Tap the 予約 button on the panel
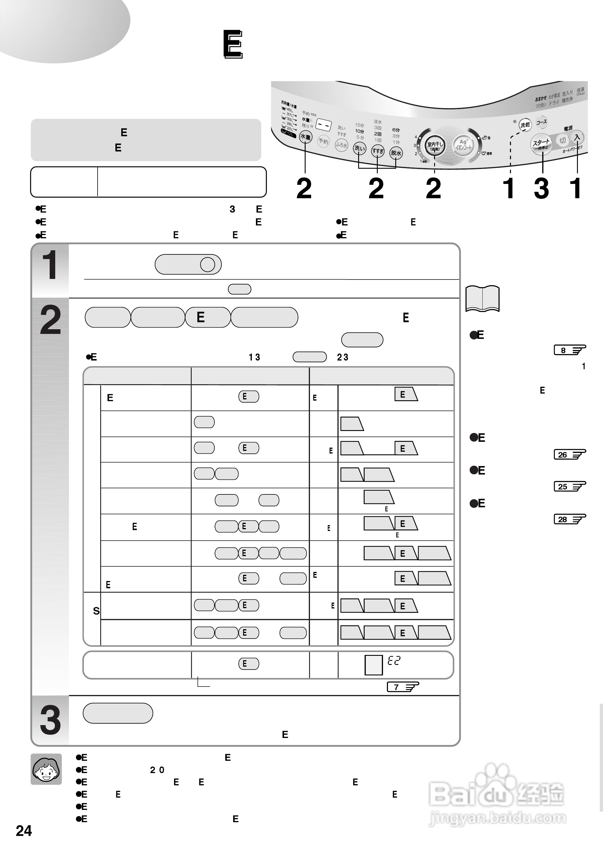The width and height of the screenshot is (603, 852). (x=323, y=141)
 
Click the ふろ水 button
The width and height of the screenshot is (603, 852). (x=341, y=145)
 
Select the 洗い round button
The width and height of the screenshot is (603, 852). (x=359, y=148)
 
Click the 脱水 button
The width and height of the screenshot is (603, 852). (x=396, y=153)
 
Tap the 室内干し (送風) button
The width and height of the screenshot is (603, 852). (x=434, y=146)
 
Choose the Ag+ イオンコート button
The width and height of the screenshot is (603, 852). (x=463, y=144)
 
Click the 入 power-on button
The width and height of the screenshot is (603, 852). (x=577, y=137)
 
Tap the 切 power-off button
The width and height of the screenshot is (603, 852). (x=562, y=140)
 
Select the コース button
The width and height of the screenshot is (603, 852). (x=541, y=122)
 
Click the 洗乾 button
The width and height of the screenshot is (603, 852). (x=525, y=125)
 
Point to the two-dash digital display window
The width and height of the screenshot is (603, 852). (x=323, y=125)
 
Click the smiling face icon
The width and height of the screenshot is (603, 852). (x=46, y=769)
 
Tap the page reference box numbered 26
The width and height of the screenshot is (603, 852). (x=569, y=454)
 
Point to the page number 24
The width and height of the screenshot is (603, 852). (x=24, y=831)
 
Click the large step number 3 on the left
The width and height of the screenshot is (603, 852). (x=50, y=720)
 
